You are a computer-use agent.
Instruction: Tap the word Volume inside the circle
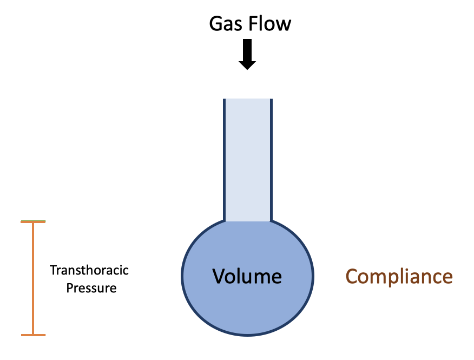[x=247, y=277]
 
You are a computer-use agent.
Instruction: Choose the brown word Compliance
[x=399, y=277]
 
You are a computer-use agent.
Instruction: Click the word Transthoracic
[x=89, y=270]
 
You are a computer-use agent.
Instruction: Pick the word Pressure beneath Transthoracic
[x=91, y=288]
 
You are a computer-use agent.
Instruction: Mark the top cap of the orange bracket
[x=33, y=222]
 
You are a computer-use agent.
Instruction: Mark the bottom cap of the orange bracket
[x=33, y=335]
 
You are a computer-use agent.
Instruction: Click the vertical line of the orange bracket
[x=33, y=279]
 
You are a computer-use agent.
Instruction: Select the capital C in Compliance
[x=352, y=277]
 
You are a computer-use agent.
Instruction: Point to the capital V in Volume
[x=218, y=277]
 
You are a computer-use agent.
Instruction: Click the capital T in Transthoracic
[x=52, y=270]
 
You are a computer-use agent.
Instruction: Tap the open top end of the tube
[x=247, y=100]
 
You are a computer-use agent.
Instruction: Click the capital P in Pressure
[x=69, y=288]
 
